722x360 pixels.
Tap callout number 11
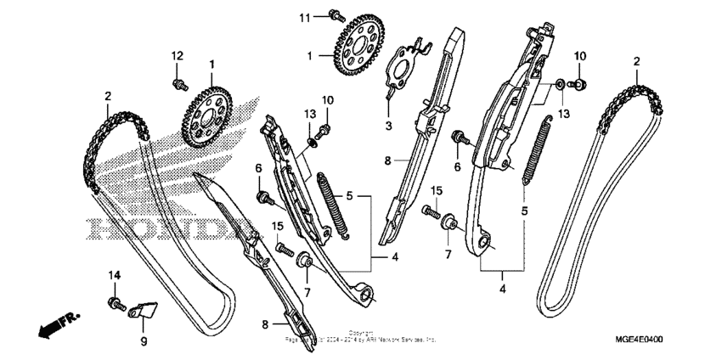tap(305, 17)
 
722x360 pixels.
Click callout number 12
tap(177, 56)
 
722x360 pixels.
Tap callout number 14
tap(114, 275)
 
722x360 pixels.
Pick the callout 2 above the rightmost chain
tap(636, 62)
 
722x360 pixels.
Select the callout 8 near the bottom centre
tap(265, 323)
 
